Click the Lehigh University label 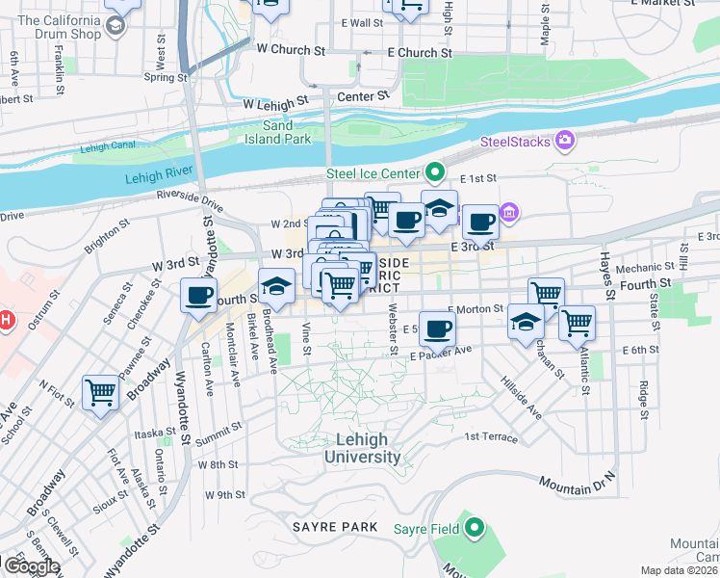point(362,448)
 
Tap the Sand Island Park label point(288,133)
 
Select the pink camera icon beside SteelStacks point(565,142)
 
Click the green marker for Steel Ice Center point(434,173)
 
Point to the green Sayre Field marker point(475,528)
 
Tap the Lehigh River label point(155,178)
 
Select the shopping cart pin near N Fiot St point(100,392)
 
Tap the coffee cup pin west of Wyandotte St point(199,296)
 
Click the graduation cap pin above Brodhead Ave point(276,286)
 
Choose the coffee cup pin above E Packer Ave point(437,329)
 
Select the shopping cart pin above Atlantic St point(577,324)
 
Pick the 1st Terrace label point(491,436)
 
